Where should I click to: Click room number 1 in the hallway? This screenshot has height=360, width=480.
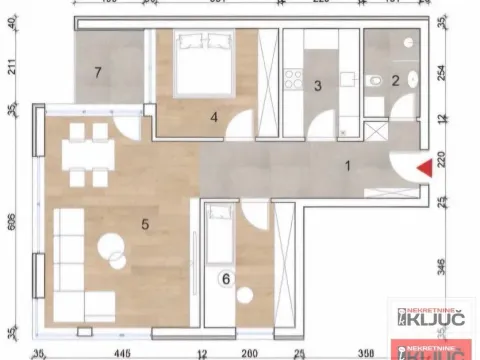point(348,166)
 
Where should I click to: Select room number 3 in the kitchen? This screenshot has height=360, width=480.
point(316,87)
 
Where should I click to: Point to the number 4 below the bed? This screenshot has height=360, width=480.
point(214,117)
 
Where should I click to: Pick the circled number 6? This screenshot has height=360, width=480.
point(226,279)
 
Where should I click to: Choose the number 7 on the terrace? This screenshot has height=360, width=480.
point(97,72)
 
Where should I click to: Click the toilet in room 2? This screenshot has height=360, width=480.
point(370,83)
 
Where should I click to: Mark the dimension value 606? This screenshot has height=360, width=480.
point(12,222)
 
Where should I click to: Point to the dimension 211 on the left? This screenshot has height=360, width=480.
point(12,68)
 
